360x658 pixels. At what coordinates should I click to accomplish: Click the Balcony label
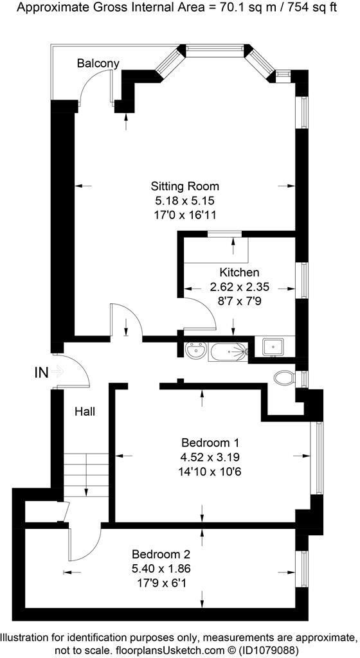(98, 63)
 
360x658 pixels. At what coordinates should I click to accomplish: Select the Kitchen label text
(239, 272)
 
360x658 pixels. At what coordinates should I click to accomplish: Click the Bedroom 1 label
(210, 443)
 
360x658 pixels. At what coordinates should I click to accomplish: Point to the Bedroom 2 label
(161, 554)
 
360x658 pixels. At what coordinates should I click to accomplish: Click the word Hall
(84, 411)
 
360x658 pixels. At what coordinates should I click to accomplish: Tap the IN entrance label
(41, 371)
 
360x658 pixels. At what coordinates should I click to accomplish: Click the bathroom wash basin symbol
(195, 351)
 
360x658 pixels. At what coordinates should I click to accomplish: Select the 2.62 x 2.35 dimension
(239, 287)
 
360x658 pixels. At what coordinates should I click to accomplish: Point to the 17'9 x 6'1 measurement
(161, 583)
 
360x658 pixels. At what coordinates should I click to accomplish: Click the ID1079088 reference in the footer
(255, 649)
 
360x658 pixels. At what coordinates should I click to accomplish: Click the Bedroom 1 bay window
(316, 458)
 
